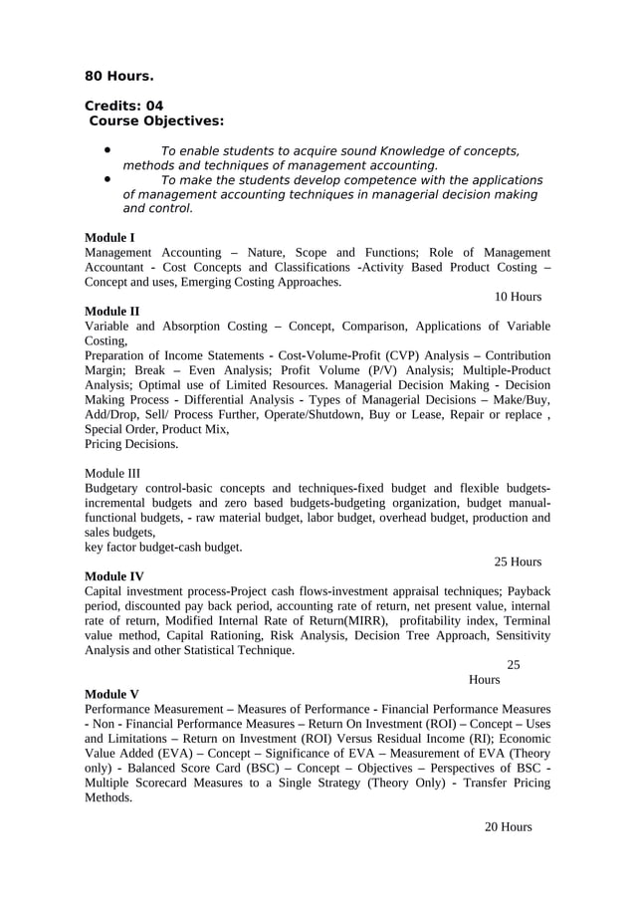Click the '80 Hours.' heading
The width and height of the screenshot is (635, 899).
tap(118, 76)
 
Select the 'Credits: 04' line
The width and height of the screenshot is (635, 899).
tap(123, 106)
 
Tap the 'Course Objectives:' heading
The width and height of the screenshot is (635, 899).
tap(156, 121)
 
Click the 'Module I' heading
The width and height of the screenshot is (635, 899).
tap(109, 238)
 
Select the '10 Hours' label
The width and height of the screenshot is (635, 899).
tap(518, 297)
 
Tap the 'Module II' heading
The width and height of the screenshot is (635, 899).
tap(111, 311)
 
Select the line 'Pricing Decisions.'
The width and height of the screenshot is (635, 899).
tap(131, 444)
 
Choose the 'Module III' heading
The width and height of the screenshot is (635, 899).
tap(112, 473)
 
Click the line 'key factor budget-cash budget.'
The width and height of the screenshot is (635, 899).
tap(163, 547)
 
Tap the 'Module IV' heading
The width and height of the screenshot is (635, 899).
tap(113, 576)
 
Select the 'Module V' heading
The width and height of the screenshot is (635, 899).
tap(111, 694)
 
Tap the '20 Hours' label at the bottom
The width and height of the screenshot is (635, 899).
tap(508, 827)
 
